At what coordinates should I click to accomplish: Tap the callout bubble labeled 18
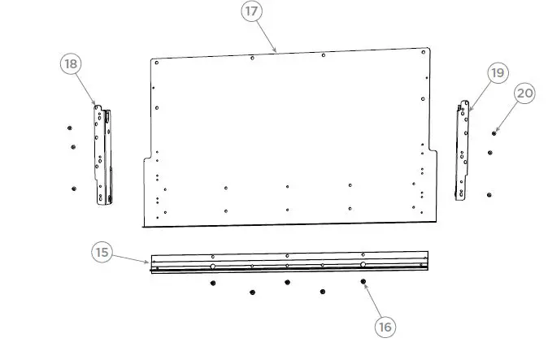(x=72, y=63)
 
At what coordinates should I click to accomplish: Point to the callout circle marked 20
(x=524, y=93)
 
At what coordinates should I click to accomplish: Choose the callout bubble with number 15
(x=102, y=252)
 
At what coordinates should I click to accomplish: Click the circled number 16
(x=385, y=327)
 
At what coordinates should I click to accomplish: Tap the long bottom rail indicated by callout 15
(x=289, y=262)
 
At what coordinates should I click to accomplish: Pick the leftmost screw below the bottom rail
(x=213, y=282)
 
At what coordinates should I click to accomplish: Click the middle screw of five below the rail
(x=287, y=282)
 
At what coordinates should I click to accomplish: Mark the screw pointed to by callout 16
(x=363, y=281)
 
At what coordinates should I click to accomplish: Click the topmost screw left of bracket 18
(x=70, y=128)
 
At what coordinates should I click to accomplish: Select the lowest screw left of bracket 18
(x=73, y=188)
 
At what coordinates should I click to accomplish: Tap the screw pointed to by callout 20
(x=494, y=132)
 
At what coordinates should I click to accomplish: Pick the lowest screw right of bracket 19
(x=489, y=194)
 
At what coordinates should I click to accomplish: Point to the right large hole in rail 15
(x=363, y=264)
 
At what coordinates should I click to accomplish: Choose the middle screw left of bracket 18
(x=73, y=146)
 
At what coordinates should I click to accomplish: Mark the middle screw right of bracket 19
(x=490, y=152)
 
